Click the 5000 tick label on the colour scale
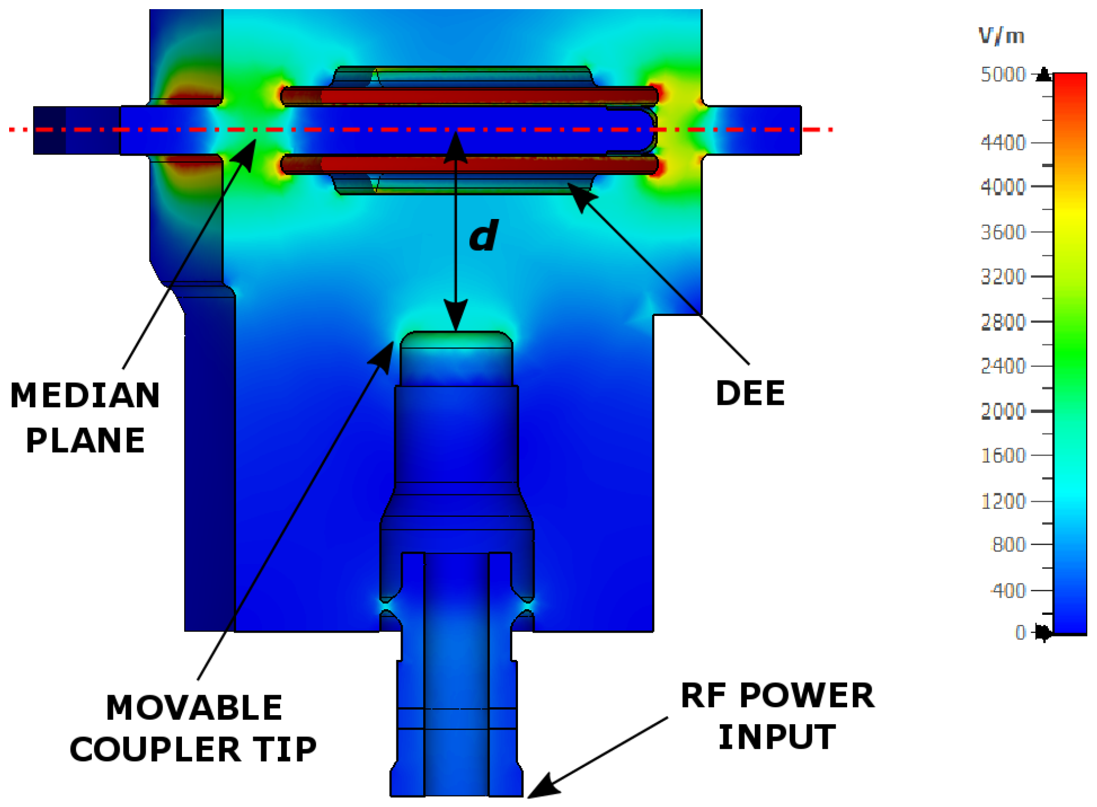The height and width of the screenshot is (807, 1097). (1002, 75)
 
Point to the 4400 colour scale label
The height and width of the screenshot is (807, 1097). (1002, 143)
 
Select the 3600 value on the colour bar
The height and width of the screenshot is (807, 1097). (1002, 232)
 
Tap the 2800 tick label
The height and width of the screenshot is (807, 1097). (1002, 322)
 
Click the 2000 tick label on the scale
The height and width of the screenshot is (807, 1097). (1002, 411)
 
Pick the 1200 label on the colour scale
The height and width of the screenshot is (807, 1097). (1002, 501)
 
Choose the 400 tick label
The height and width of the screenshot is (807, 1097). (1009, 590)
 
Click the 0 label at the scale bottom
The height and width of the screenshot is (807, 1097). (1021, 632)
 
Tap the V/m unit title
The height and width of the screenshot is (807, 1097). (1001, 37)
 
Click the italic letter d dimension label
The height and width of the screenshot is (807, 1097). (483, 236)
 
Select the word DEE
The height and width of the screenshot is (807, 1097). (750, 394)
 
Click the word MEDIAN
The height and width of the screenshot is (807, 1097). (85, 396)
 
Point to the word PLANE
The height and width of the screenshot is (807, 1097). (86, 440)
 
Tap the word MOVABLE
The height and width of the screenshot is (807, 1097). (194, 708)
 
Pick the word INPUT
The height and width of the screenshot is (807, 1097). (777, 737)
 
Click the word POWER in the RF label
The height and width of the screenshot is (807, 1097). (807, 696)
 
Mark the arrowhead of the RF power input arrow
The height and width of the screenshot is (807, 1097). (536, 789)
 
